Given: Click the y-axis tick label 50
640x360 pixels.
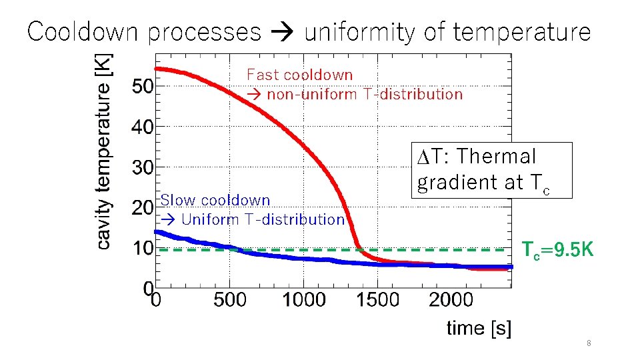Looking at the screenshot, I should pyautogui.click(x=143, y=86).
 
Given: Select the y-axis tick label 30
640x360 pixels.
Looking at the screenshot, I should pyautogui.click(x=143, y=167).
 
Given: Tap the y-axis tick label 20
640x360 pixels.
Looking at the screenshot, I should pyautogui.click(x=143, y=208).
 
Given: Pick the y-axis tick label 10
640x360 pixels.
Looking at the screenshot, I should pyautogui.click(x=143, y=249).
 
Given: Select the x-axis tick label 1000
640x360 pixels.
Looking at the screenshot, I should pyautogui.click(x=303, y=300).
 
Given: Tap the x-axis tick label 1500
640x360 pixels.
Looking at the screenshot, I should pyautogui.click(x=377, y=300).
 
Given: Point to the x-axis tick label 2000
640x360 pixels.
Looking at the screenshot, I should pyautogui.click(x=451, y=300).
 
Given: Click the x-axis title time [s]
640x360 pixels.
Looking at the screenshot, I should pyautogui.click(x=479, y=328).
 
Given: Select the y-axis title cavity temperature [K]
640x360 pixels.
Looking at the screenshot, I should pyautogui.click(x=105, y=152).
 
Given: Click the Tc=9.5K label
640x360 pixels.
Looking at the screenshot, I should pyautogui.click(x=557, y=250).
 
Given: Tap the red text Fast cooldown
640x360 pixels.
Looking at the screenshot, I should pyautogui.click(x=299, y=75).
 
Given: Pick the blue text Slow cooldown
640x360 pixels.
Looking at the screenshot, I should pyautogui.click(x=215, y=200).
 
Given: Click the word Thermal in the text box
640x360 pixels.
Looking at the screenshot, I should pyautogui.click(x=497, y=157).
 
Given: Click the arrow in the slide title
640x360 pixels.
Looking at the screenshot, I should pyautogui.click(x=282, y=32).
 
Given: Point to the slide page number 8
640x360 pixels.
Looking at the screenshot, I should pyautogui.click(x=589, y=343).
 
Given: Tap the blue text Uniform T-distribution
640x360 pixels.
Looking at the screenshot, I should pyautogui.click(x=263, y=219).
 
